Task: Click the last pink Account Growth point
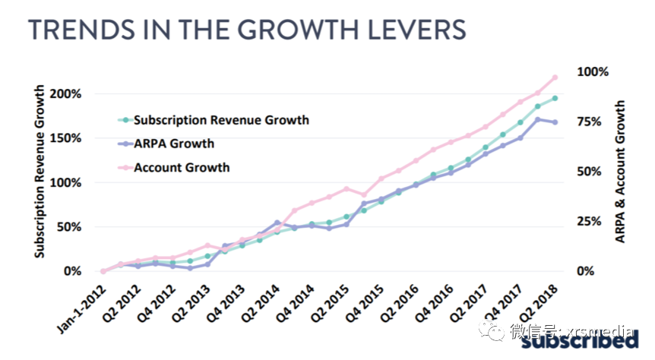(555, 77)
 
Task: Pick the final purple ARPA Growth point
(555, 122)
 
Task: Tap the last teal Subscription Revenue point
(555, 98)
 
